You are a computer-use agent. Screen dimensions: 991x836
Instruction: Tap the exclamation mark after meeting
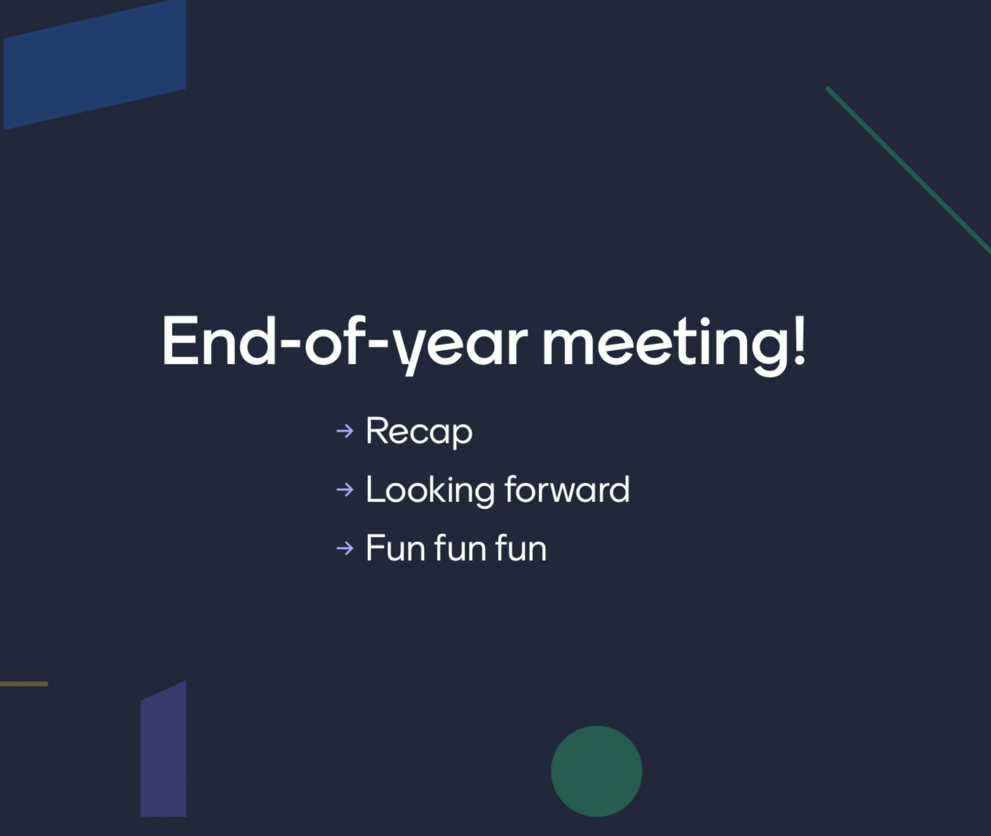pos(799,340)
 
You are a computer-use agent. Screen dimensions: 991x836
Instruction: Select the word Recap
pos(419,432)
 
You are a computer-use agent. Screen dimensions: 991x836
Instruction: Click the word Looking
pos(430,490)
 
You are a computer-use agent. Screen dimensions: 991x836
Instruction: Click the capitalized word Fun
pos(396,548)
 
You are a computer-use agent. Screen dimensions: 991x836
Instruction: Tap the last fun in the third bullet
pos(521,548)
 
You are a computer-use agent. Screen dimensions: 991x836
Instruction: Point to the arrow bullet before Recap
pos(345,431)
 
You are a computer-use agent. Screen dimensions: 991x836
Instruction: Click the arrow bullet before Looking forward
pos(345,489)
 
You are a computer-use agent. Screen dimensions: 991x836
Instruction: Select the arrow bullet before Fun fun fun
pos(345,548)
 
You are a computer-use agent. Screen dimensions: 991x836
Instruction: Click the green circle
pos(596,771)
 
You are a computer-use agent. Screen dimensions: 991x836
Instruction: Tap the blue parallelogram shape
pos(95,65)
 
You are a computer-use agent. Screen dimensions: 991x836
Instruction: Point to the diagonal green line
pos(908,170)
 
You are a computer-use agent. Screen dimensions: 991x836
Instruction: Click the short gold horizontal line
pos(24,684)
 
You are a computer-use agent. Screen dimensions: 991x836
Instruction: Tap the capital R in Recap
pos(378,431)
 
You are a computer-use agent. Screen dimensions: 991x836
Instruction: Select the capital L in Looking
pos(376,489)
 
